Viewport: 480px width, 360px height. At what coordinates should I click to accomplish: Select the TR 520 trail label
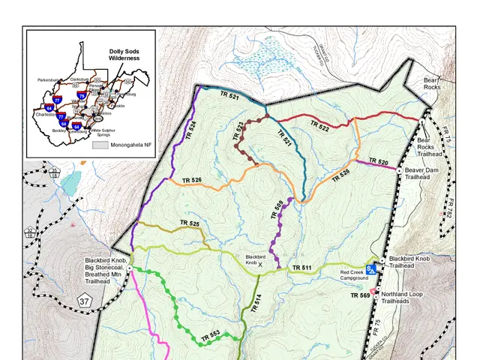pyautogui.click(x=378, y=162)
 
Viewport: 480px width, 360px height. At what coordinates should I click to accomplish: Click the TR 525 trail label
pyautogui.click(x=189, y=223)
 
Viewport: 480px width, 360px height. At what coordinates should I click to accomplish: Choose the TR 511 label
pyautogui.click(x=301, y=268)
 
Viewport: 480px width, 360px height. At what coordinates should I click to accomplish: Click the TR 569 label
pyautogui.click(x=361, y=296)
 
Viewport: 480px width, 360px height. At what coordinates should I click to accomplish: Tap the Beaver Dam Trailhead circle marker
pyautogui.click(x=399, y=170)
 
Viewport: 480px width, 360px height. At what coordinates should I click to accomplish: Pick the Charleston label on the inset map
pyautogui.click(x=46, y=113)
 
